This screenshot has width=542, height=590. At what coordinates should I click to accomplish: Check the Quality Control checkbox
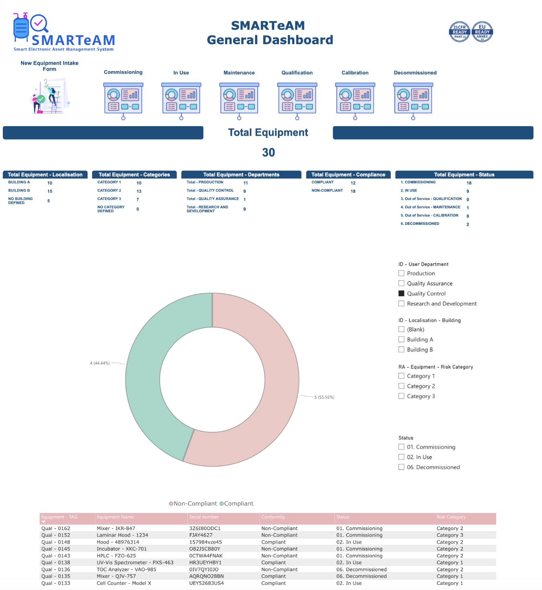click(x=401, y=293)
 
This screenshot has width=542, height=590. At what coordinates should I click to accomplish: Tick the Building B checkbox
click(x=401, y=350)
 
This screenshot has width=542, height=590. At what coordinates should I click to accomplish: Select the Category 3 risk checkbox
click(x=401, y=396)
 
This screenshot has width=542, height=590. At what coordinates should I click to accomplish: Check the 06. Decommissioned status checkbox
click(x=401, y=467)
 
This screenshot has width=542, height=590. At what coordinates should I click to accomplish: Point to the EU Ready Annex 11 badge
click(x=482, y=32)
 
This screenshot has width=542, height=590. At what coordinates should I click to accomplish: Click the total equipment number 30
click(x=268, y=153)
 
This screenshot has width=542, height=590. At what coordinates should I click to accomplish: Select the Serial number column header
click(x=204, y=517)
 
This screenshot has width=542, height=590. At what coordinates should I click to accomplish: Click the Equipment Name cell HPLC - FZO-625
click(x=116, y=556)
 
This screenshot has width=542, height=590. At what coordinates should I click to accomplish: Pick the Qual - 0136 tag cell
click(x=55, y=570)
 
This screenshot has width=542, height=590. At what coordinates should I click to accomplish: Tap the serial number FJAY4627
click(x=201, y=535)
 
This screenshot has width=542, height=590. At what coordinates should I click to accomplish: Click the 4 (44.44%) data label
click(x=100, y=363)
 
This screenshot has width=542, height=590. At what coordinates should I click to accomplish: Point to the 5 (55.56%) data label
click(x=324, y=397)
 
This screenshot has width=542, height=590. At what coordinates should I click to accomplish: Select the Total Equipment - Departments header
click(x=241, y=175)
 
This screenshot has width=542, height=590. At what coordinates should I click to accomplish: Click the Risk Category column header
click(x=451, y=517)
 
